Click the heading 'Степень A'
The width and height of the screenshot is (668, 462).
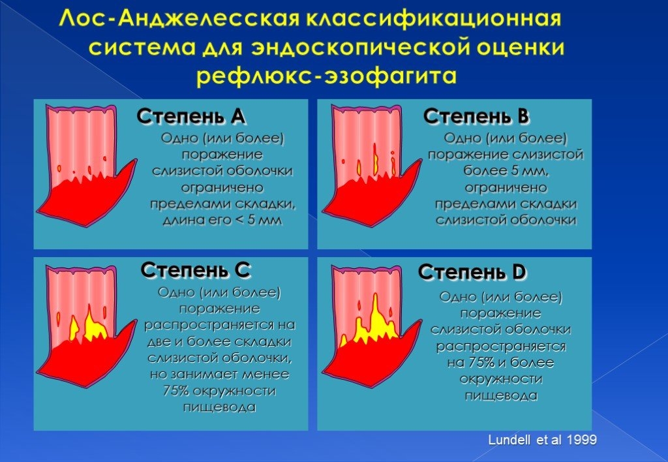(x=191, y=116)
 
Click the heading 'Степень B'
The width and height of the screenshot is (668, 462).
(x=476, y=116)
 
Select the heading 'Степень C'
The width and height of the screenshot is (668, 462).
(x=196, y=270)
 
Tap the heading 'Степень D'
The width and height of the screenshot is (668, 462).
(x=472, y=272)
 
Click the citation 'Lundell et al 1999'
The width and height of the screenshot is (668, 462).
(x=542, y=440)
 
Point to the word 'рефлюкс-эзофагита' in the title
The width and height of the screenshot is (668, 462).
(x=327, y=76)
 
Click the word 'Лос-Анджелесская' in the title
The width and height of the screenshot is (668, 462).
(x=179, y=18)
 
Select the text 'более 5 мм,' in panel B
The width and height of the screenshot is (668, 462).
(x=506, y=171)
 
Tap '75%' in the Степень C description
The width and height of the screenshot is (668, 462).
(x=176, y=391)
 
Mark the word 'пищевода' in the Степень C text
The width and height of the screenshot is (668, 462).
(x=219, y=407)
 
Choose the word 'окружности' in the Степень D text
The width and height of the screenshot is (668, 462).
(x=500, y=379)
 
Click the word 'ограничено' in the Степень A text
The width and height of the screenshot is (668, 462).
(x=222, y=187)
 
